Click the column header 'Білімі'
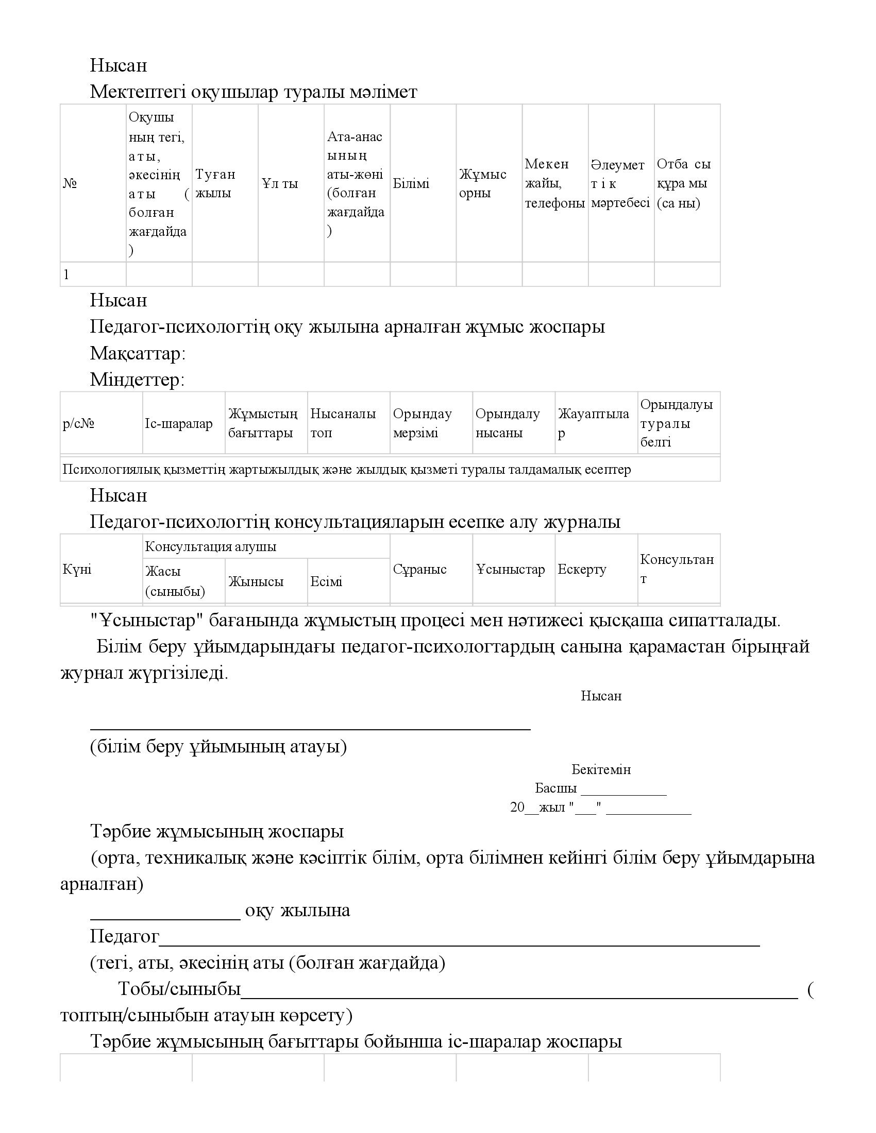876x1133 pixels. pyautogui.click(x=411, y=184)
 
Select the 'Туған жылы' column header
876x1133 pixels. pyautogui.click(x=215, y=184)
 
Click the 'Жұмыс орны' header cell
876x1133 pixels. pyautogui.click(x=482, y=184)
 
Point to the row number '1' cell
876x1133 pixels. pyautogui.click(x=66, y=275)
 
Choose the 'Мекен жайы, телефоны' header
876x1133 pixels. pyautogui.click(x=554, y=184)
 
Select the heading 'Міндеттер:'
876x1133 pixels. pyautogui.click(x=137, y=380)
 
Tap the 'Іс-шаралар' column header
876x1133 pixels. pyautogui.click(x=178, y=424)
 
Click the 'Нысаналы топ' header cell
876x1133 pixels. pyautogui.click(x=343, y=423)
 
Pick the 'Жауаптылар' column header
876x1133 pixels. pyautogui.click(x=593, y=423)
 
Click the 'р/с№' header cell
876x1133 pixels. pyautogui.click(x=78, y=424)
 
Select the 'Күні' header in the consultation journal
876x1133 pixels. pyautogui.click(x=77, y=570)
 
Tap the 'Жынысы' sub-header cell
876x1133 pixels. pyautogui.click(x=256, y=581)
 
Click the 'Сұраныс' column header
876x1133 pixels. pyautogui.click(x=419, y=570)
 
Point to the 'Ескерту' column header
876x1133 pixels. pyautogui.click(x=582, y=570)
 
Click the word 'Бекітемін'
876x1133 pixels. pyautogui.click(x=601, y=769)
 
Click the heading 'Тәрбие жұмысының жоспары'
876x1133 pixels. pyautogui.click(x=217, y=832)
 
